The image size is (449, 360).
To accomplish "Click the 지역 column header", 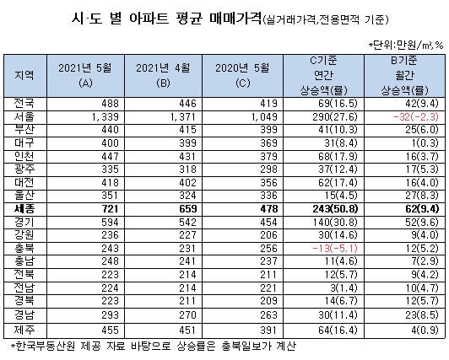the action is click(24, 76).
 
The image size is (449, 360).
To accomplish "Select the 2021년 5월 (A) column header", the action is click(85, 76).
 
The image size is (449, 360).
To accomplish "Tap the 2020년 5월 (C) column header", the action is click(242, 76).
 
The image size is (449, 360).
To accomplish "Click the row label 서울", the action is click(24, 116).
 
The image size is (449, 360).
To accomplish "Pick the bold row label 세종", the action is click(24, 209).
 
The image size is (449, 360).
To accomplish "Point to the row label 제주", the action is click(24, 330).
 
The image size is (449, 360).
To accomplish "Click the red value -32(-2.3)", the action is click(416, 117).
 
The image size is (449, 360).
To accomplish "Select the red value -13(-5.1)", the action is click(335, 248).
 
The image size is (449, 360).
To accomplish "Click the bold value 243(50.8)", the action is click(335, 209).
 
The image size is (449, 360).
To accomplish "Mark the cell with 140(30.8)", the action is click(335, 223).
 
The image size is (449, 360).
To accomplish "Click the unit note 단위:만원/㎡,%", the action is click(406, 45).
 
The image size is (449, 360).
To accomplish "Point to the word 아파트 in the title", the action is click(149, 19).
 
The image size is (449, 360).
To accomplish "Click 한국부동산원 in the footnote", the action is click(46, 346).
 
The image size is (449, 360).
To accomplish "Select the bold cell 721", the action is click(110, 209).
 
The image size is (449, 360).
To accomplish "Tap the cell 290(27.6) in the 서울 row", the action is click(335, 117).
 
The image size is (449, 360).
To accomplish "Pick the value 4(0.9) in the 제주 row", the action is click(425, 330).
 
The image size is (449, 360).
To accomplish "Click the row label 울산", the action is click(24, 196).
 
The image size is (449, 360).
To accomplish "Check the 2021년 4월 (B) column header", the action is click(163, 76).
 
